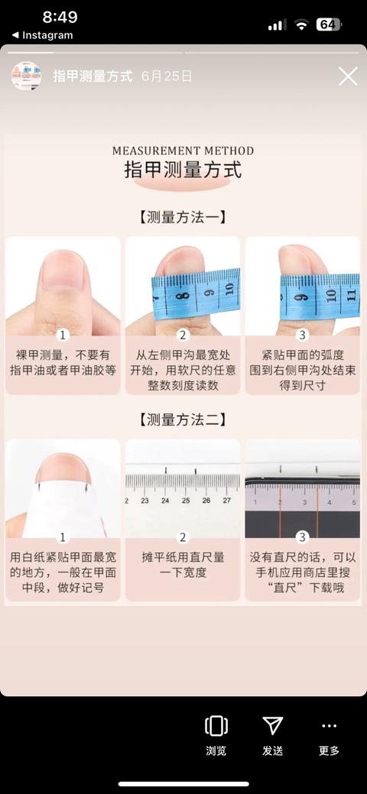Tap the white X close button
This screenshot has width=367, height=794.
[348, 76]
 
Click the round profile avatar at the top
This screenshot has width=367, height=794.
[26, 76]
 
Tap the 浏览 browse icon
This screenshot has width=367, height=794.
[216, 726]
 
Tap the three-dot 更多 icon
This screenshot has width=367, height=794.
[329, 726]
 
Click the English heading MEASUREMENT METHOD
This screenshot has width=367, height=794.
[183, 151]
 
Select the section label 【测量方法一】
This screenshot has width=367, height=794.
[183, 217]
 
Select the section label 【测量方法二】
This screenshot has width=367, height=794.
[183, 420]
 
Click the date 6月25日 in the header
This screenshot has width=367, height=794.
[167, 76]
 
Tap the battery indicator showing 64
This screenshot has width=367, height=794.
[329, 24]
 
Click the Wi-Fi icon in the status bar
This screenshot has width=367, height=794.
[301, 24]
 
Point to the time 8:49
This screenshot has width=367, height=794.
[60, 17]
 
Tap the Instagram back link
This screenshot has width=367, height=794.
[42, 35]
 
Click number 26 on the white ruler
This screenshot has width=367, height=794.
[206, 501]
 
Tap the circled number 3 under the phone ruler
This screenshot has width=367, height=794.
[303, 537]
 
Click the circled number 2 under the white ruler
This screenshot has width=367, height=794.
[183, 537]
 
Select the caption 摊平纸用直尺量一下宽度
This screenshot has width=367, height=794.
[183, 565]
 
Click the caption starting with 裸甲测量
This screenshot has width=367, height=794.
[63, 362]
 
